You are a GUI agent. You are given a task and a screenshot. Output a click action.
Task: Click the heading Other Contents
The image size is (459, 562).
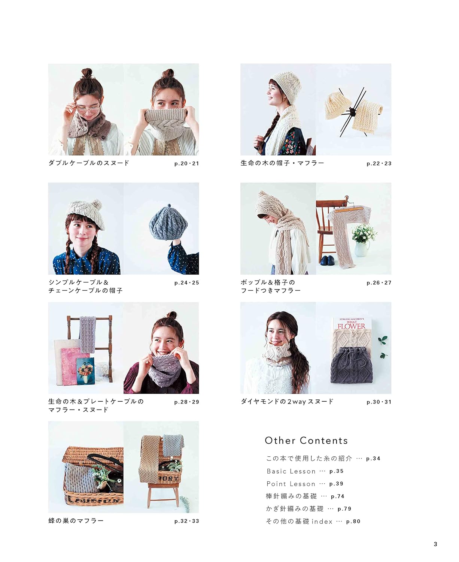[306, 441]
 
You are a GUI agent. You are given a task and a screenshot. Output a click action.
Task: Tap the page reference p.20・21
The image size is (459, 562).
[186, 163]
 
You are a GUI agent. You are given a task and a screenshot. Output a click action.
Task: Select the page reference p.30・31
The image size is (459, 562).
[379, 402]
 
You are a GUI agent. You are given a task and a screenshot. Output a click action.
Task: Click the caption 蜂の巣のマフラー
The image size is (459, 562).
[76, 521]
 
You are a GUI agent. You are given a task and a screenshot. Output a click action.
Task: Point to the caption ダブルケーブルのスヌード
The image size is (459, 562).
[89, 163]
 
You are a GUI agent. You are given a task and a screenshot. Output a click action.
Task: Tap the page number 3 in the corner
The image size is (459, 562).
[435, 544]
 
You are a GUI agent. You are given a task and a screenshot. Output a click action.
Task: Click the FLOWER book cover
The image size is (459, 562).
[351, 325]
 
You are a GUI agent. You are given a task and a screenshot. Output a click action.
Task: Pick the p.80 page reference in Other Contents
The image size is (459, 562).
[353, 522]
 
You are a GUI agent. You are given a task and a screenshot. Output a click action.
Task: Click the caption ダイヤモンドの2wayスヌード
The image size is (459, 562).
[287, 402]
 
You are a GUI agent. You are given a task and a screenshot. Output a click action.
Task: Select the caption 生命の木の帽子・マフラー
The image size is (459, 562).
[282, 163]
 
